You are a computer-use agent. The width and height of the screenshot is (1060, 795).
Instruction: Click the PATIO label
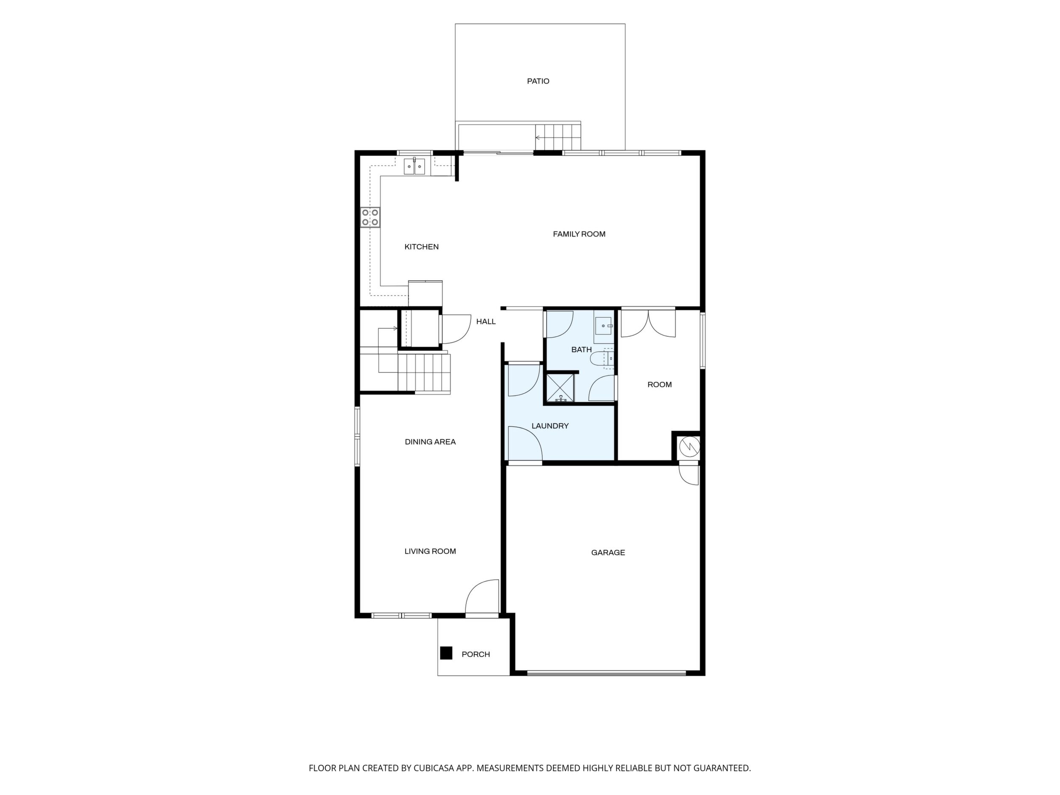538,82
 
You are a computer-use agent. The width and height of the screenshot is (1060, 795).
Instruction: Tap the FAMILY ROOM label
579,234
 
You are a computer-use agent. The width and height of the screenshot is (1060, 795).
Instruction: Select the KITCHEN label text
422,247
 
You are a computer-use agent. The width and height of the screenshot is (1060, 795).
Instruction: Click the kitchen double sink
414,167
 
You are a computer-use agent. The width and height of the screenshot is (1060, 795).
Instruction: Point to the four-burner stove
370,217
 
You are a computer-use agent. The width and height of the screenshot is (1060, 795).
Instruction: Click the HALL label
486,321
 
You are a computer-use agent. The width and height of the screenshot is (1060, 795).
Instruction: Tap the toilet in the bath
602,358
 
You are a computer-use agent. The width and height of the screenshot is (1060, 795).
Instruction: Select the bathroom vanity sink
604,326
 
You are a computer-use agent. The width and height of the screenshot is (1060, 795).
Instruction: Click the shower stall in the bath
560,388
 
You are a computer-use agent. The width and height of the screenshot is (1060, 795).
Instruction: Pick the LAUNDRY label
550,426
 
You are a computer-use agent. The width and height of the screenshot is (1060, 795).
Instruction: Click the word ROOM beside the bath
660,385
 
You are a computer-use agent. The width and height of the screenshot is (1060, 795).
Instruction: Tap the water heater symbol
689,447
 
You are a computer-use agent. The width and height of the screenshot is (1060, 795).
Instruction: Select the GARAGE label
608,553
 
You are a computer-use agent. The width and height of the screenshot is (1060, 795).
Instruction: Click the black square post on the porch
446,653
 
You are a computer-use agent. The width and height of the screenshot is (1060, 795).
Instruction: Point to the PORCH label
476,654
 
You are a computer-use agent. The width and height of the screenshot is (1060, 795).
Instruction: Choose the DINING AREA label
430,442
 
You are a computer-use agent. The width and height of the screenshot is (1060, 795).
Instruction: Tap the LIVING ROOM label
430,552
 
